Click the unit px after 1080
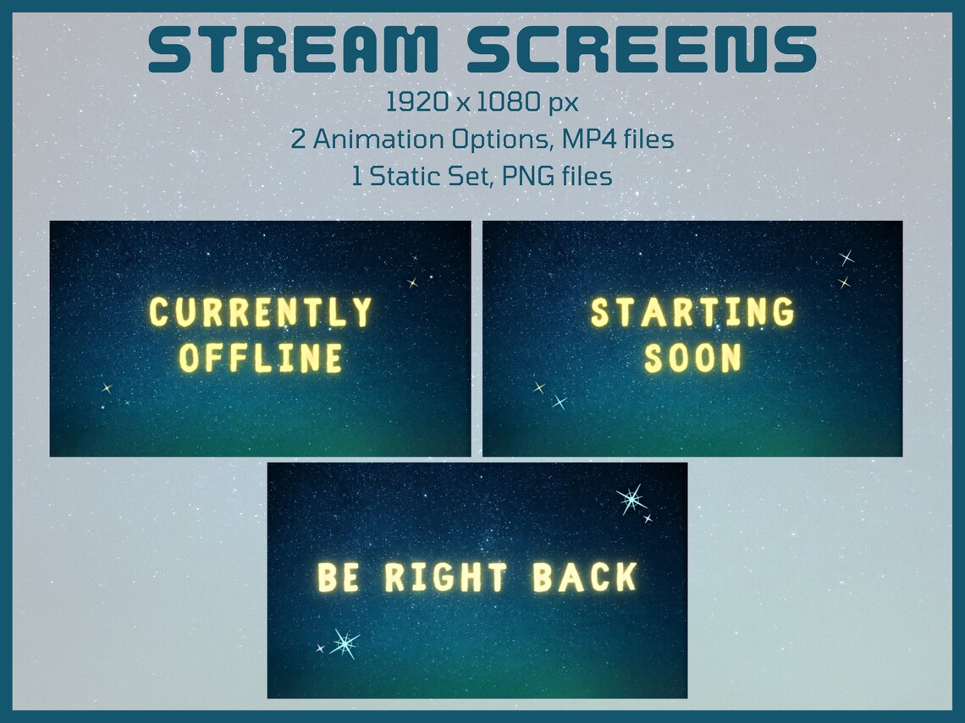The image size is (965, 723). pos(563,104)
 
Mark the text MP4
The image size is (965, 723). pos(582,140)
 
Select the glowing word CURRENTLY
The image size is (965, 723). pos(261,313)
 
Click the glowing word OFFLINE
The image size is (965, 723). pos(261,359)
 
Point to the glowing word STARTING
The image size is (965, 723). pos(692,313)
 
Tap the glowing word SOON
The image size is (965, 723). pos(692,359)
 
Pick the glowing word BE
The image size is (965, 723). pos(339,578)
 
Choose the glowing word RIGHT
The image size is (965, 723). pos(446,578)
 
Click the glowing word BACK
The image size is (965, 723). pos(585,578)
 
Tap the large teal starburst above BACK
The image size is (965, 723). pos(631,499)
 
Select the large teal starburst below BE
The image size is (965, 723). pos(344,644)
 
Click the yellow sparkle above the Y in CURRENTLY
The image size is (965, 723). pos(412,283)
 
